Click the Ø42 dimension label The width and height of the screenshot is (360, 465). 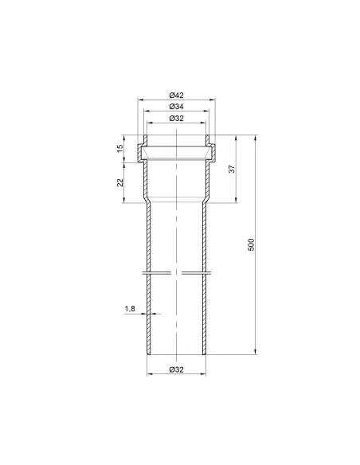point(177,96)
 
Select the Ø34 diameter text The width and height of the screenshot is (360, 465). point(177,106)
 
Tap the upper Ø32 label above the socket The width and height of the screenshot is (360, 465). point(177,119)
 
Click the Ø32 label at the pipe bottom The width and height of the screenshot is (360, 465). point(177,369)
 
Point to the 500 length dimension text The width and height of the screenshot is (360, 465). point(251,244)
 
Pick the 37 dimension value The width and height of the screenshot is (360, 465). point(233,169)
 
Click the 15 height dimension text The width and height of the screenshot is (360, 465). point(119,149)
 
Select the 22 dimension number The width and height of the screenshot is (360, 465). point(119,182)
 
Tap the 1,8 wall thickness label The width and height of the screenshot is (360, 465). point(130,309)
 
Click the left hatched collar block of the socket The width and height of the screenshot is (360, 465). point(139,153)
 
